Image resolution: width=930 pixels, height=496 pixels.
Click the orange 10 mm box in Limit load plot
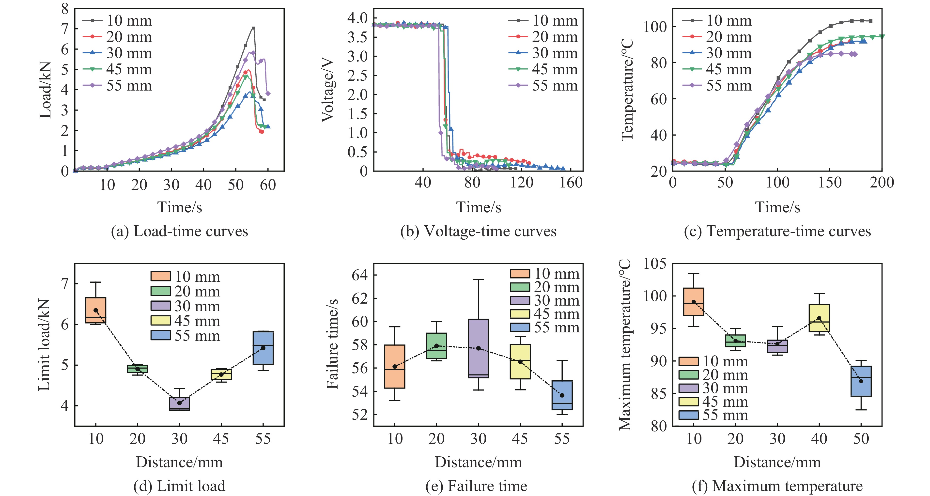click(x=96, y=310)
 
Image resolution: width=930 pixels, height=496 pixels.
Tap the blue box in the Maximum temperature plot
click(x=861, y=381)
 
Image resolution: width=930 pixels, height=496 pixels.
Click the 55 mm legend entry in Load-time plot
click(x=118, y=86)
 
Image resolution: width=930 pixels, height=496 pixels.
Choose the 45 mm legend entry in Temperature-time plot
click(x=717, y=69)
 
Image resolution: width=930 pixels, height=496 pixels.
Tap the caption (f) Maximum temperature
click(x=777, y=486)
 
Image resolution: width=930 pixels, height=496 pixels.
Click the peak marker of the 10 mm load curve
click(x=253, y=28)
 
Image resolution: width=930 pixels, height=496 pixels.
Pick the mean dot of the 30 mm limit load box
click(x=179, y=403)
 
